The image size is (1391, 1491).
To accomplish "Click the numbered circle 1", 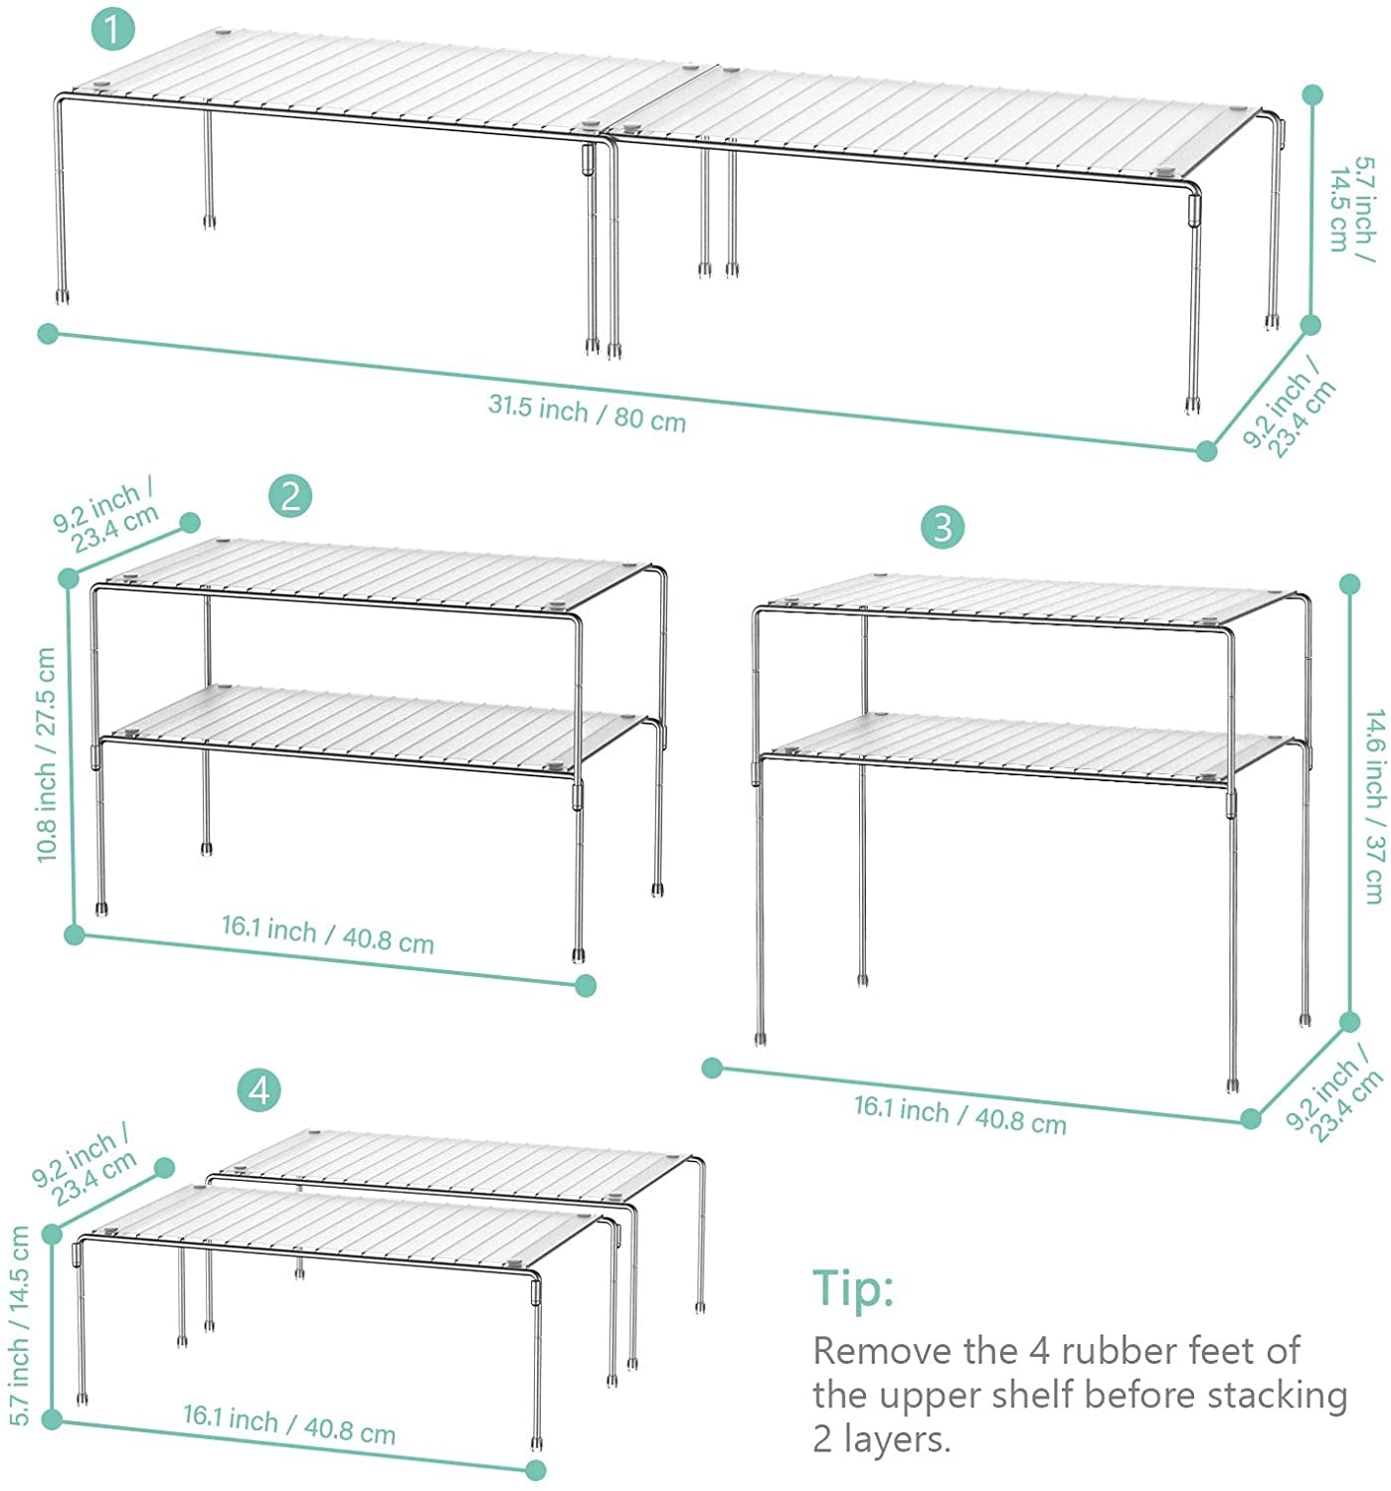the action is click(x=112, y=30).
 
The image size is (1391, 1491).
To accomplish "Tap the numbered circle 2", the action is click(x=290, y=496).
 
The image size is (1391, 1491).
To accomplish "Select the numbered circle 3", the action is click(x=942, y=527).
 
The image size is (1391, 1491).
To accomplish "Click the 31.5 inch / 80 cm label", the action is click(x=587, y=413).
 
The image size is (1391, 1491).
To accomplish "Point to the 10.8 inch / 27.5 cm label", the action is click(x=46, y=754).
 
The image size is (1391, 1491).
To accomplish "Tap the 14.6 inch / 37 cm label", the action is click(x=1374, y=807).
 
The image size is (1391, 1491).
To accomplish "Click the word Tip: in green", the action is click(x=853, y=1287).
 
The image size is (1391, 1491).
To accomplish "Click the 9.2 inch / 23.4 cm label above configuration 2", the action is click(x=104, y=516).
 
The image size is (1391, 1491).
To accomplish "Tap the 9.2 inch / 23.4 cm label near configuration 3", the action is click(x=1332, y=1097).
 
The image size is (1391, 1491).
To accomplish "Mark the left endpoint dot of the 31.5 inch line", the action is click(x=48, y=333).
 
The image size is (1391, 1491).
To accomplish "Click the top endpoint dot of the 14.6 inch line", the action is click(x=1349, y=584).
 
